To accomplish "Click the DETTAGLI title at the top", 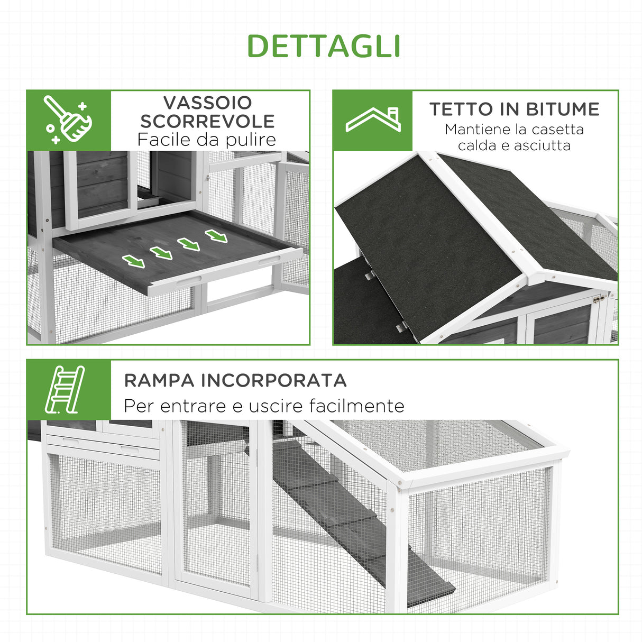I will tap(323, 47).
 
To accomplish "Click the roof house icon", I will tap(373, 120).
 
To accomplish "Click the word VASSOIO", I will tap(207, 103).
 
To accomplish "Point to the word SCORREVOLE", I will tap(207, 121).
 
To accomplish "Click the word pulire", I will tap(250, 140).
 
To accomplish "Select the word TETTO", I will tap(461, 109).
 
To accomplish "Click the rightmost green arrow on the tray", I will tap(216, 236).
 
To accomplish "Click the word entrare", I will tap(194, 406).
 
